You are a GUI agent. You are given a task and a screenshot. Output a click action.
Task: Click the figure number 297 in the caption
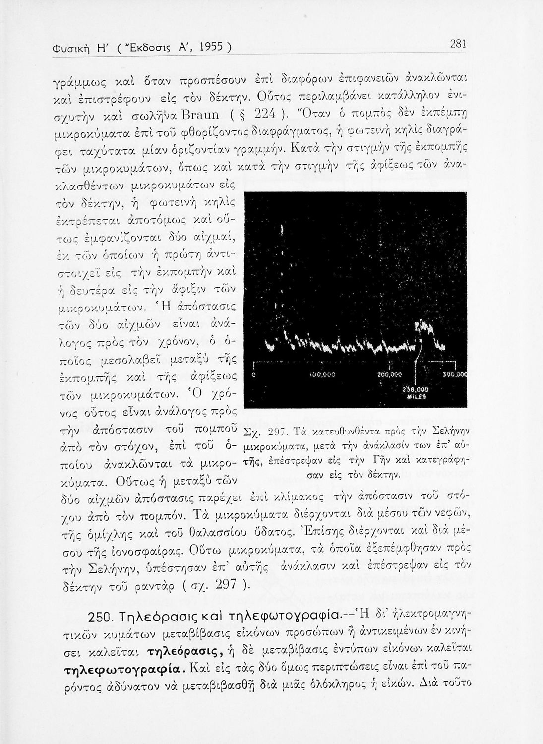click(x=277, y=430)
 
